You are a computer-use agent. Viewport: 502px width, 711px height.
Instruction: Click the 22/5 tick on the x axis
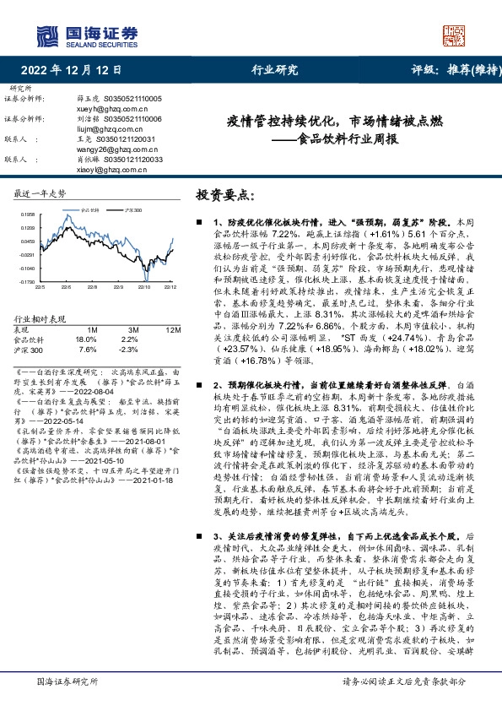click(x=39, y=286)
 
